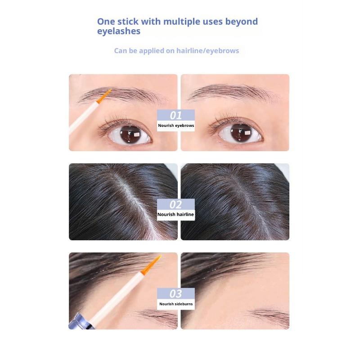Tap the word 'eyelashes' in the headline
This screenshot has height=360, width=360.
[119, 31]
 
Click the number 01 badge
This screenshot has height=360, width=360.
[176, 116]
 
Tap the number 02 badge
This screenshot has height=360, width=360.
[176, 205]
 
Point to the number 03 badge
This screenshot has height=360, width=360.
[176, 294]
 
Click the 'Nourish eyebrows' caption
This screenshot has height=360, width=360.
[176, 126]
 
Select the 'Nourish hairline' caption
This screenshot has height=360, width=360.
[176, 215]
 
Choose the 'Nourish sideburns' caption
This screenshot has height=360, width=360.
[176, 304]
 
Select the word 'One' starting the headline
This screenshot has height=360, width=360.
[106, 22]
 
